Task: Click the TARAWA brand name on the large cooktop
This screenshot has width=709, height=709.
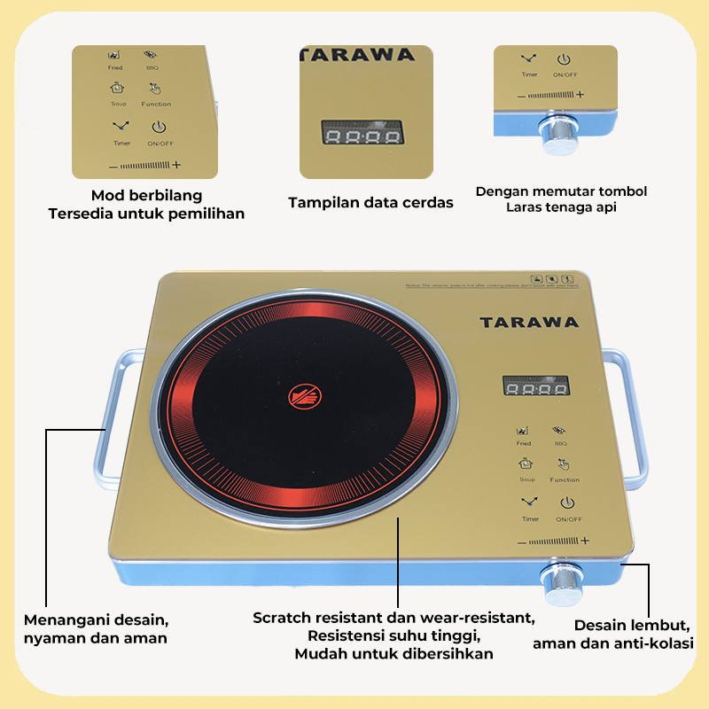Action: pos(529,322)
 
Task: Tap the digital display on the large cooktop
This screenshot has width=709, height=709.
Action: pos(535,386)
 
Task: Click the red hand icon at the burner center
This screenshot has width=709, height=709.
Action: pos(301,396)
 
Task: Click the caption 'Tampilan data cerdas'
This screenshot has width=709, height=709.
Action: pos(370,203)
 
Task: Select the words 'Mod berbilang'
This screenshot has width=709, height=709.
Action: pos(147,195)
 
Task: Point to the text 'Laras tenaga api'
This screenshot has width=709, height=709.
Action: pos(561,207)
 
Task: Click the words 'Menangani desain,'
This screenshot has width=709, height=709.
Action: pos(96,619)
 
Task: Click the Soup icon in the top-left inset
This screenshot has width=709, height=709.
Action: pos(118,88)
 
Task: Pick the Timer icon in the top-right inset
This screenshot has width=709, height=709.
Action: pos(528,60)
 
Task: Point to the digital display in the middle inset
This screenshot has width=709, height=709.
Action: pos(361,136)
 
